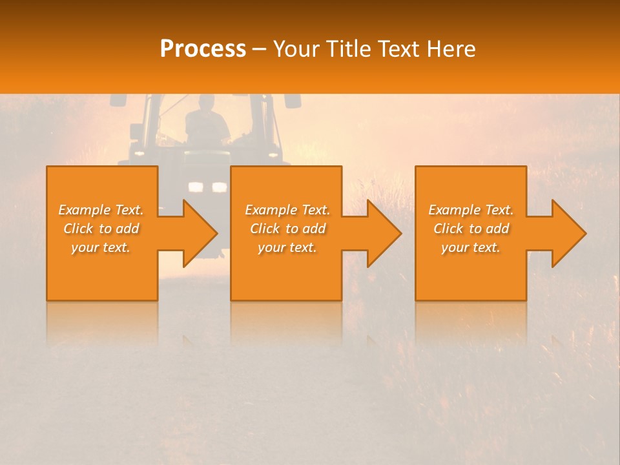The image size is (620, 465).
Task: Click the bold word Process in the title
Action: tap(203, 48)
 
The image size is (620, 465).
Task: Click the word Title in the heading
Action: tap(348, 49)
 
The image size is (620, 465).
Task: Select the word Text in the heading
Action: tap(399, 49)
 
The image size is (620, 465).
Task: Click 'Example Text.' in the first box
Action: tap(101, 210)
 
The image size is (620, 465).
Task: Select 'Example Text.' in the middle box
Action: tap(287, 210)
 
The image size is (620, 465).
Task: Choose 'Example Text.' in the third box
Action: tap(471, 210)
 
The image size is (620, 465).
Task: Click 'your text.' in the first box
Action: tap(101, 247)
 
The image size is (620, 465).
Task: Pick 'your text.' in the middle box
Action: tap(287, 247)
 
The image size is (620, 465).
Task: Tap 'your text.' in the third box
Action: tap(471, 247)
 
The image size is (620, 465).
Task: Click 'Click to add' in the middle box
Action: tap(287, 229)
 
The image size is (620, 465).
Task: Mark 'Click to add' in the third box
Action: tap(471, 229)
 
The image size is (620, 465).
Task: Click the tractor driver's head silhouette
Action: tap(206, 103)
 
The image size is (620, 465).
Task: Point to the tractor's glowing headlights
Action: tap(207, 187)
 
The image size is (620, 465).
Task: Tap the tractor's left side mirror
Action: tap(118, 100)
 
